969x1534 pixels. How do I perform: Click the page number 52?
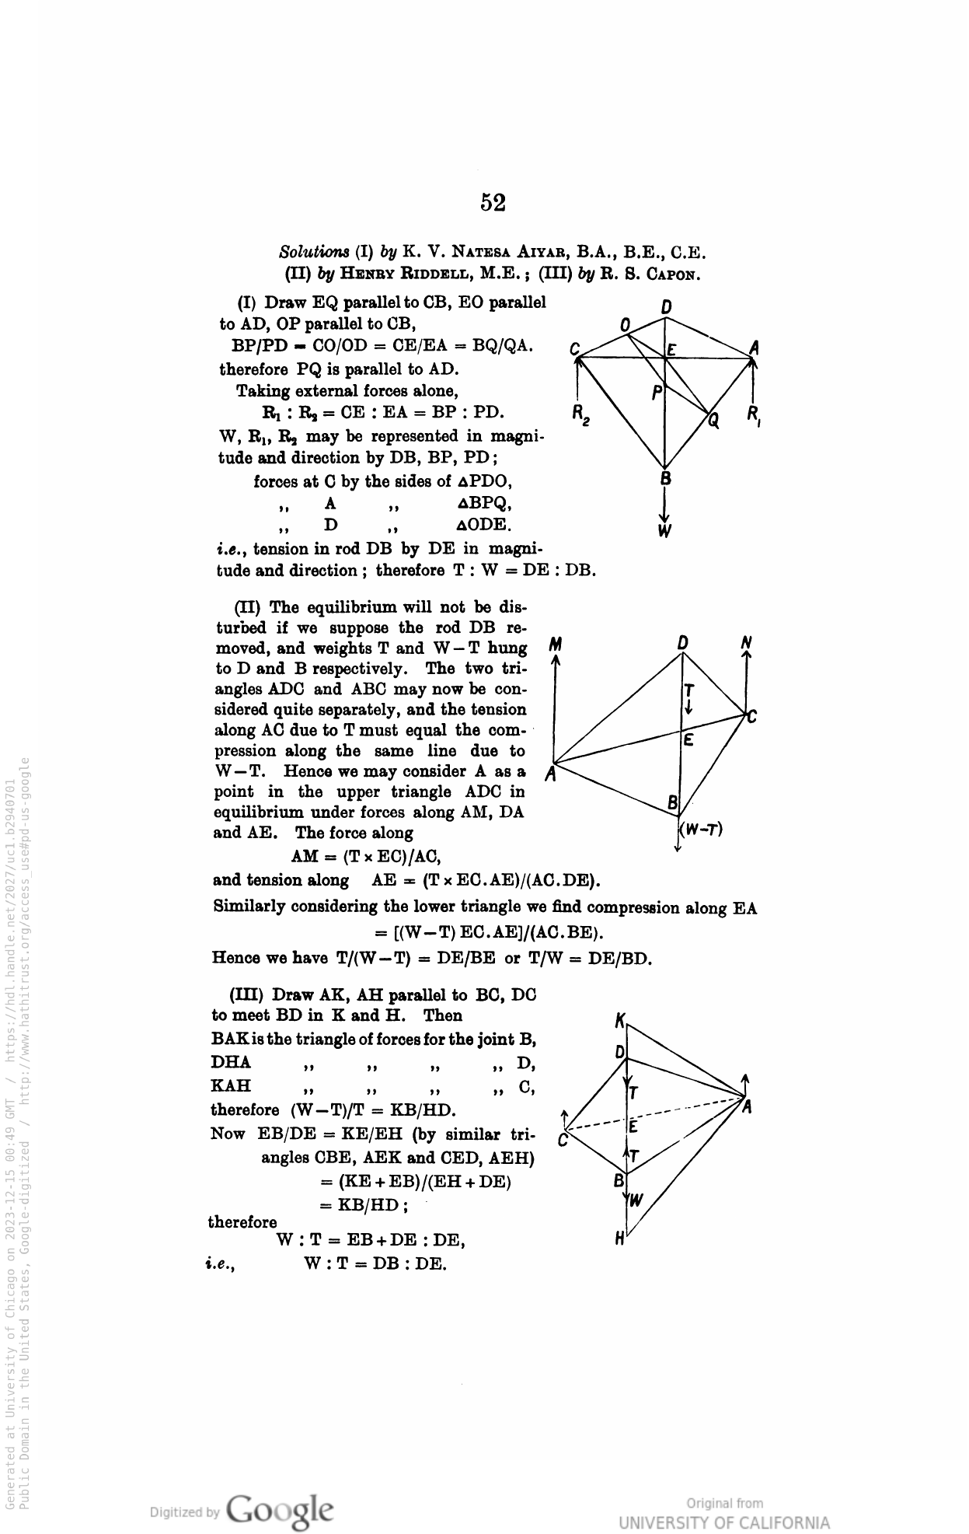coord(493,203)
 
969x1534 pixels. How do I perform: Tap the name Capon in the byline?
coord(673,274)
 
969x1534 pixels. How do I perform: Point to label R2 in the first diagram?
coord(581,414)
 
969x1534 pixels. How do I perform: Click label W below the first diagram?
coord(665,532)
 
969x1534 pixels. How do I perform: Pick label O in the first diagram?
coord(625,323)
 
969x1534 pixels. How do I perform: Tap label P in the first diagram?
coord(657,394)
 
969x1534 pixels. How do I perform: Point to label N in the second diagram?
coord(746,643)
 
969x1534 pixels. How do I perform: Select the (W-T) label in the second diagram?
coord(702,830)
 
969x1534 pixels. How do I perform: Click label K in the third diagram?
coord(619,1020)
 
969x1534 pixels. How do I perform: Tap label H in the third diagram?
coord(619,1240)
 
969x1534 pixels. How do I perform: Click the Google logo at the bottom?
coord(281,1508)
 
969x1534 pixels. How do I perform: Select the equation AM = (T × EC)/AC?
coord(366,857)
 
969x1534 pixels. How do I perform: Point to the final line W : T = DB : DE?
coord(375,1263)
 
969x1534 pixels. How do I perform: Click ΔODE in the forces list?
coord(484,526)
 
